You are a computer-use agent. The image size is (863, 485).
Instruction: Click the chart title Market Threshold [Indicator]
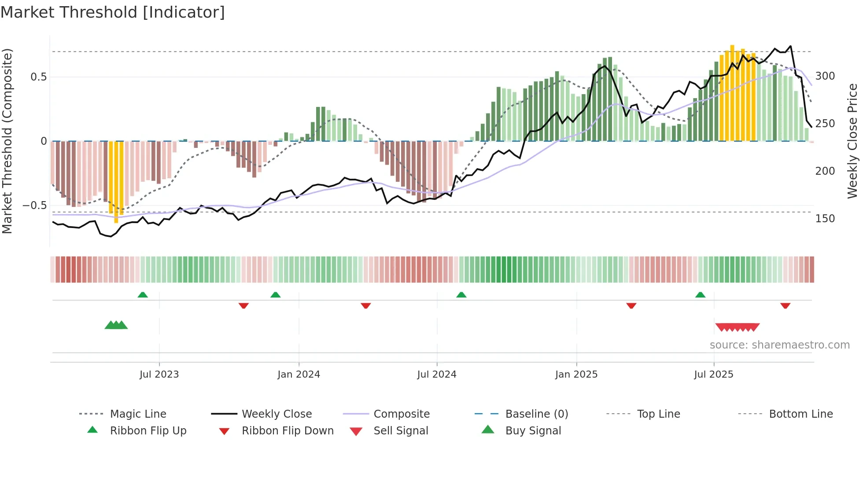point(113,12)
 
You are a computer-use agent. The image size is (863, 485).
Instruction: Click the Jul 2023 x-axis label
point(159,375)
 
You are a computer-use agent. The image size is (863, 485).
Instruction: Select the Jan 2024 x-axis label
point(299,375)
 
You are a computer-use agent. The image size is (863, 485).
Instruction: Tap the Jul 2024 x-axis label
point(436,375)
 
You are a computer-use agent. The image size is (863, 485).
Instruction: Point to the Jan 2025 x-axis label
point(576,375)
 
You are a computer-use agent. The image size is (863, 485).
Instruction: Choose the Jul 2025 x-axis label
point(713,375)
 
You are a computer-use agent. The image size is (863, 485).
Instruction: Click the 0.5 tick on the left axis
point(39,77)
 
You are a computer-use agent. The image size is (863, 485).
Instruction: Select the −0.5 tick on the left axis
point(35,206)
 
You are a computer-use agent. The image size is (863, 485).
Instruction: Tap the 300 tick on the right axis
point(825,76)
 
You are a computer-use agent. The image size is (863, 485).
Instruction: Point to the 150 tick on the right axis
point(825,219)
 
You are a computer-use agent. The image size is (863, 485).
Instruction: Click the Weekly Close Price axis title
point(852,141)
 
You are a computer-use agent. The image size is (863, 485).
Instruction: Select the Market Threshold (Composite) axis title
point(7,141)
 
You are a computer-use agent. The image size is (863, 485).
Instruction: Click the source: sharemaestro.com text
point(779,345)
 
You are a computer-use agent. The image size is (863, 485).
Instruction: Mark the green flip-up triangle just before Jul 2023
point(143,295)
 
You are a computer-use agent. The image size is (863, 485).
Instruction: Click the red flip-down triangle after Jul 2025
point(785,305)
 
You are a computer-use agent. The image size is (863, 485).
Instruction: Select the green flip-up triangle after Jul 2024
point(461,295)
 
